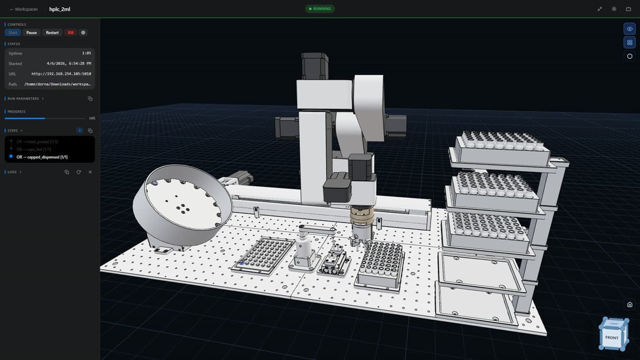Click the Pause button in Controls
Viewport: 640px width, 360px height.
point(32,33)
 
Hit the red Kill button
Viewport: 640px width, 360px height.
point(70,33)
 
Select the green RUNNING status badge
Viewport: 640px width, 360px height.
point(320,9)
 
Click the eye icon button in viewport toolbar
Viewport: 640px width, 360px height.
point(630,29)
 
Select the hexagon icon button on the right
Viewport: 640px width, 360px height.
point(630,56)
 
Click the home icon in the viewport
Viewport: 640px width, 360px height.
point(630,305)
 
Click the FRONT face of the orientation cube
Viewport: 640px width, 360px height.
point(611,338)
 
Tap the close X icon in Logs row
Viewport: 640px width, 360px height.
point(90,172)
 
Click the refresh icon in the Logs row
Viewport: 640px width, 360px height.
point(78,172)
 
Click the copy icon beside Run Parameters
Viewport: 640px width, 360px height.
point(90,99)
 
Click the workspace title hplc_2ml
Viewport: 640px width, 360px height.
point(60,9)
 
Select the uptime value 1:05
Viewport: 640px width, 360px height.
point(86,53)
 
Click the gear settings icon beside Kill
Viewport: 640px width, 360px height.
point(83,33)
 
